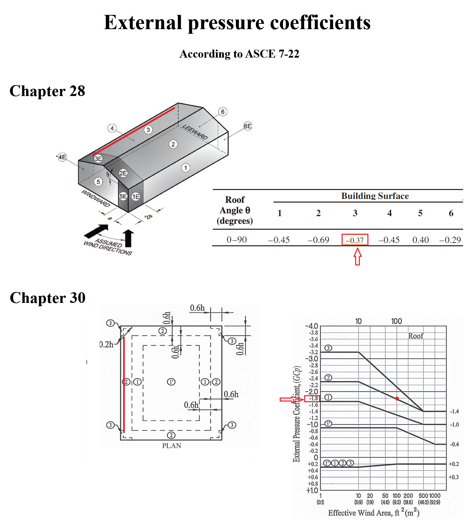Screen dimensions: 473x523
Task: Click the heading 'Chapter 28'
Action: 47,91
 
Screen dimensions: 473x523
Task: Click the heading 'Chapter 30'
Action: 48,298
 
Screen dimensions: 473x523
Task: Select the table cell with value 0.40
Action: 420,240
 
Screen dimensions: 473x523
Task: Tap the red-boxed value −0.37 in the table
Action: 355,240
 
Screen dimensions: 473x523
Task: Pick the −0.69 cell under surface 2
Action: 318,240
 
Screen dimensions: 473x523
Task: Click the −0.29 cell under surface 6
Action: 450,240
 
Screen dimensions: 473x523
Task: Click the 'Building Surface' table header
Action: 375,196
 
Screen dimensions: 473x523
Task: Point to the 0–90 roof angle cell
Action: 237,240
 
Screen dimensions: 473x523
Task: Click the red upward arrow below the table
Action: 357,257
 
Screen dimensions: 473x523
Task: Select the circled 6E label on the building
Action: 248,126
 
